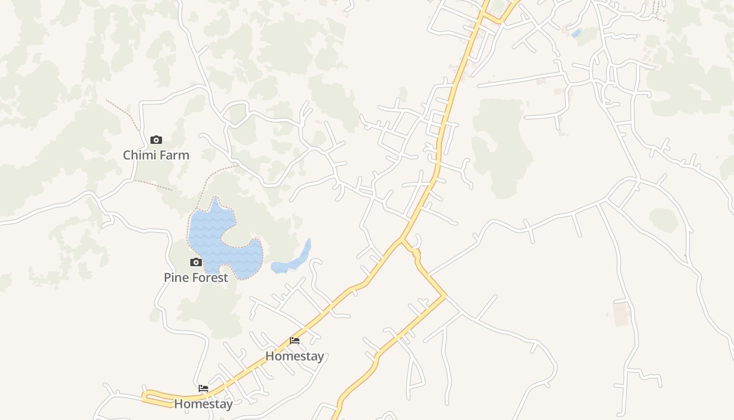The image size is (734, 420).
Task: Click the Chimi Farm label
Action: pos(156,155)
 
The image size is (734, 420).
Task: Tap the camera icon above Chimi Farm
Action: pos(156,140)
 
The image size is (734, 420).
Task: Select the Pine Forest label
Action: pos(196,278)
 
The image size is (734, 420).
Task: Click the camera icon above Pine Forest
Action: pos(196,262)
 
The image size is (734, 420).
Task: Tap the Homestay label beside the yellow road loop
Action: pos(203,404)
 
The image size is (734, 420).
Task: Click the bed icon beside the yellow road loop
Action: pos(203,389)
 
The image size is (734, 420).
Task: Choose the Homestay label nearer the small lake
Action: pos(294,356)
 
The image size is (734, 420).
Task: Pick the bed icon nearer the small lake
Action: pos(295,341)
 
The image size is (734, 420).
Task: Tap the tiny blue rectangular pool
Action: pos(576,33)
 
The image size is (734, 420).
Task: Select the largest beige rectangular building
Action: pos(621,313)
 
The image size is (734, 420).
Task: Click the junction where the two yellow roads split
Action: pos(402,239)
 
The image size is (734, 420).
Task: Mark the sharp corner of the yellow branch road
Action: pos(445,297)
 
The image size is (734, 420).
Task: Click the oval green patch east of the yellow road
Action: pos(664,219)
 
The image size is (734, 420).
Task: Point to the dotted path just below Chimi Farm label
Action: pos(153,185)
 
